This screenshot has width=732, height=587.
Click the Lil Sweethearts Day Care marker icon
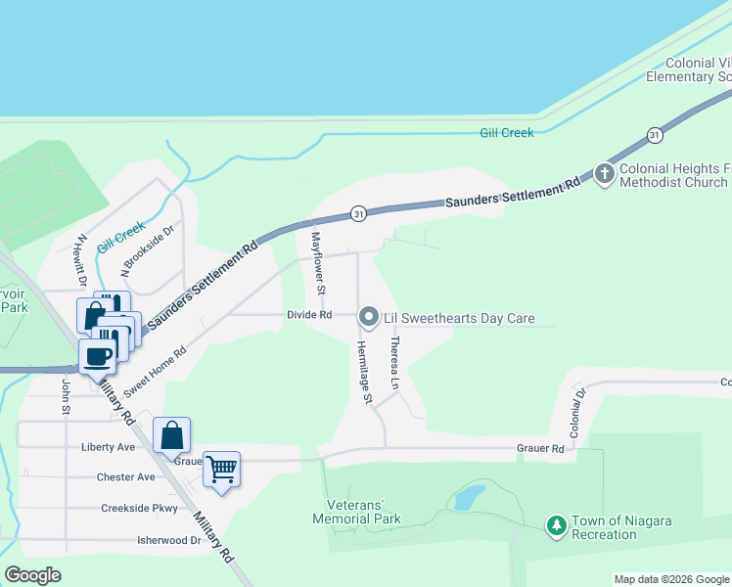[x=369, y=316]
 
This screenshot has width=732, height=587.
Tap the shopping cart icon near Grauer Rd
[x=221, y=470]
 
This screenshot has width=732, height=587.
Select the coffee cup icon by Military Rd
[x=97, y=356]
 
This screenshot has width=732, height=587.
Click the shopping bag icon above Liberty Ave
[x=171, y=435]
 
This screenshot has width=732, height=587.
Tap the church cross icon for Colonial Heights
[x=605, y=174]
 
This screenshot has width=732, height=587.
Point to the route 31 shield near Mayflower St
[x=359, y=213]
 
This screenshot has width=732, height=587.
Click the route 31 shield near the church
[x=654, y=134]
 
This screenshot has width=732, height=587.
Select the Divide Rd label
[x=309, y=315]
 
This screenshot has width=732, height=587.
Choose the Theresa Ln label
[x=394, y=363]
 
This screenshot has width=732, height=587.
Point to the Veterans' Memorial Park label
[x=357, y=512]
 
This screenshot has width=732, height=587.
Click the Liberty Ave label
[x=108, y=446]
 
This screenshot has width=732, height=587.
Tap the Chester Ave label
[x=125, y=477]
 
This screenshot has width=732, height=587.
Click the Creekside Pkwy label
[x=138, y=509]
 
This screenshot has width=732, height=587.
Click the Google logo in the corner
[x=33, y=574]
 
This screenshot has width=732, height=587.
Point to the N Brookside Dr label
[x=147, y=248]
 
